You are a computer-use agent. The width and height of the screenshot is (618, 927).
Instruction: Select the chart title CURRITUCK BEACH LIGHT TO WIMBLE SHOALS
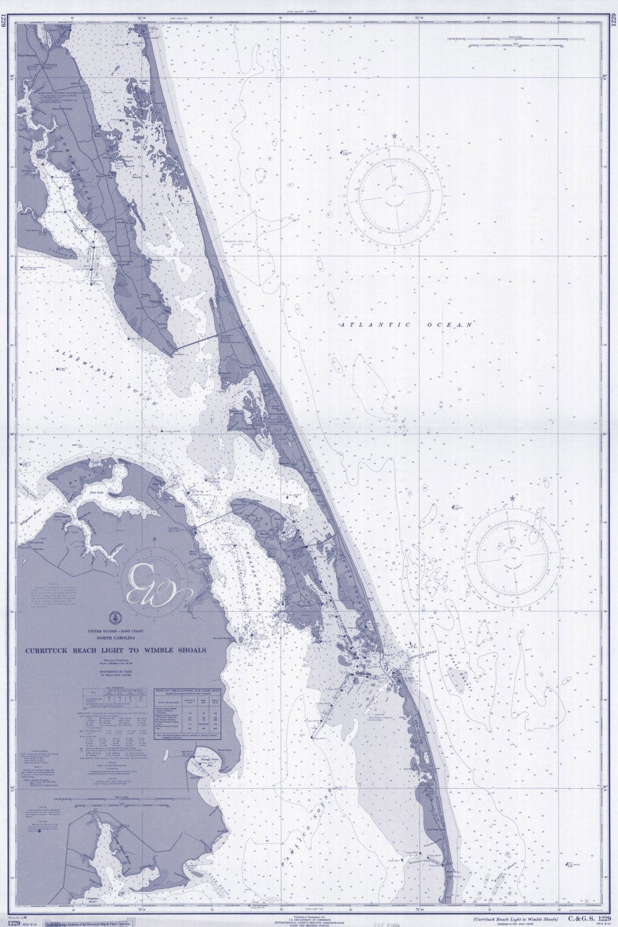point(117,650)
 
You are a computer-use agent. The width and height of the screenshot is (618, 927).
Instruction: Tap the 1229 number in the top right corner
point(612,25)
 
